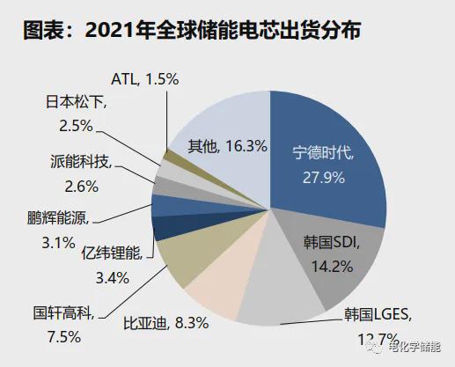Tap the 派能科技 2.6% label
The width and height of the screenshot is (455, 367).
(80, 172)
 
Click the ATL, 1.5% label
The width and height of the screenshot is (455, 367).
(145, 79)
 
